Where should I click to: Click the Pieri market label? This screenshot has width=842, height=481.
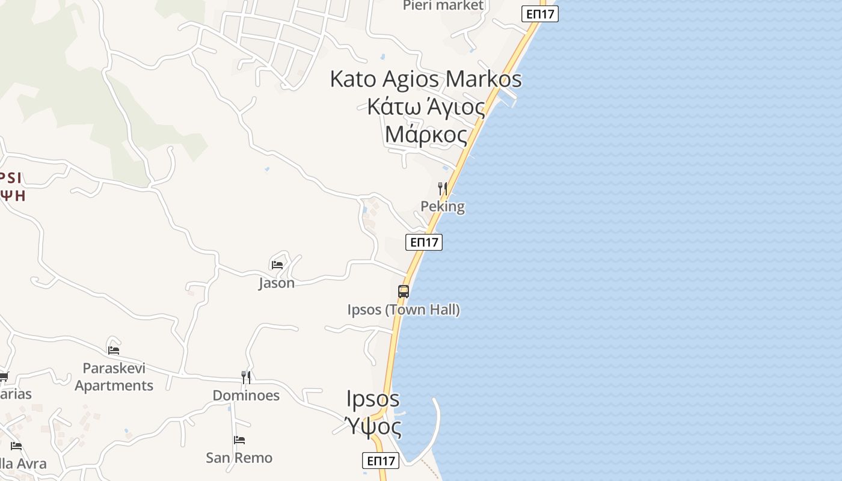(443, 5)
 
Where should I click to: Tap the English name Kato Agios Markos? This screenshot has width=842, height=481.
(426, 79)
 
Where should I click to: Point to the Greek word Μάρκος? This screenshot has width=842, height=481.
(426, 134)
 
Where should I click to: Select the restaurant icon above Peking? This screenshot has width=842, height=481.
(443, 189)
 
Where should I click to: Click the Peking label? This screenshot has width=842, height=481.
(443, 207)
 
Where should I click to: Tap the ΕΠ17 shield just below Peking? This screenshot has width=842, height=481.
(424, 242)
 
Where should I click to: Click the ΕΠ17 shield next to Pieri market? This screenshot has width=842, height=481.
(539, 14)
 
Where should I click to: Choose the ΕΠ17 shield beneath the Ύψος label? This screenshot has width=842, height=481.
(381, 461)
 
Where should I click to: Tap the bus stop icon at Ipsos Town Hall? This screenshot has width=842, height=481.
(404, 292)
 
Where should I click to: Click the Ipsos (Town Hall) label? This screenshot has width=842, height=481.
(404, 310)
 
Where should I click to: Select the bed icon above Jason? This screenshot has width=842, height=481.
(277, 264)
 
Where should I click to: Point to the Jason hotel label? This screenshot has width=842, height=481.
(277, 283)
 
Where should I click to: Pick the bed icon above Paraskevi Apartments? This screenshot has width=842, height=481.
(114, 350)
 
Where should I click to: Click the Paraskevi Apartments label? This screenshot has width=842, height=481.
(114, 377)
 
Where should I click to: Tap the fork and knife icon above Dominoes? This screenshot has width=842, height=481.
(246, 378)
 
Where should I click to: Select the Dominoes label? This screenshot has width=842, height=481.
(246, 396)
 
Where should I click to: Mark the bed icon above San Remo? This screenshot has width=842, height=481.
(239, 440)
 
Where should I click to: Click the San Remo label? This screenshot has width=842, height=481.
(239, 458)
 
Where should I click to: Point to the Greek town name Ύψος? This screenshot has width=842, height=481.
(373, 427)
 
